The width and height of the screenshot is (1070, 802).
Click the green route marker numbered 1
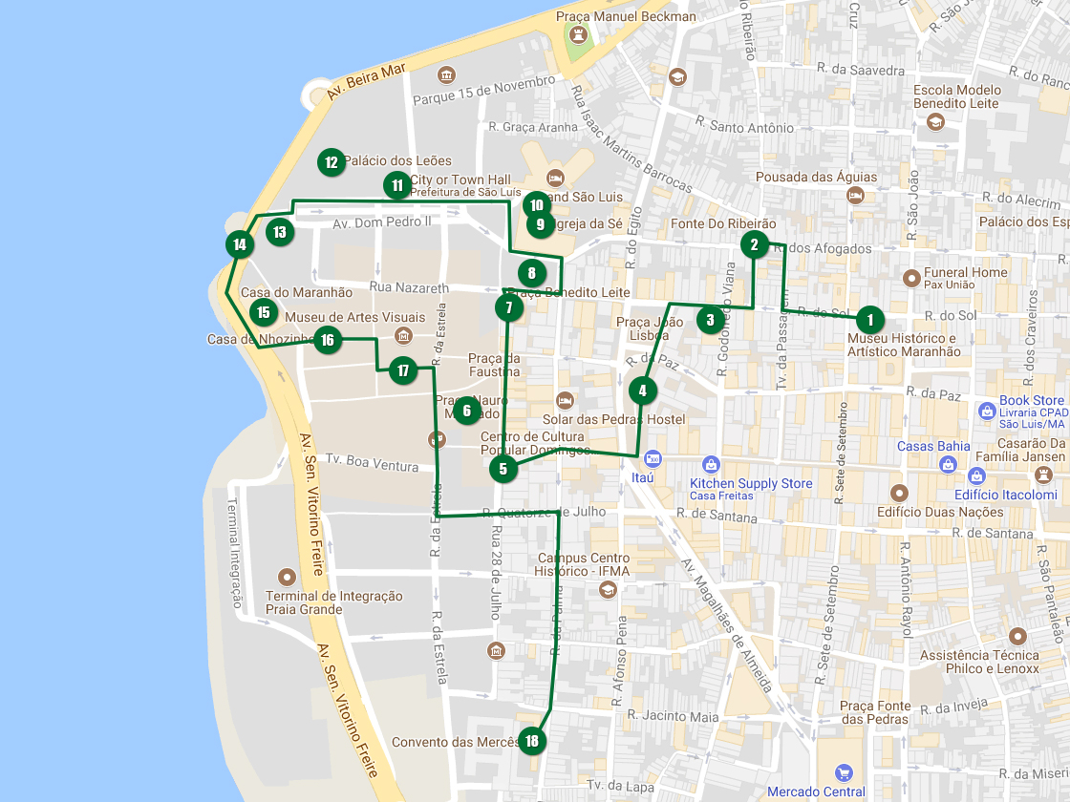(x=869, y=319)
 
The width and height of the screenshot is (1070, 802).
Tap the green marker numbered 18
(x=531, y=741)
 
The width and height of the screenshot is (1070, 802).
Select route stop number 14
(x=240, y=244)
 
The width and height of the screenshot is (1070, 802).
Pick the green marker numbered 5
(x=503, y=469)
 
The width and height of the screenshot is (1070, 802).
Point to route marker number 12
(x=331, y=162)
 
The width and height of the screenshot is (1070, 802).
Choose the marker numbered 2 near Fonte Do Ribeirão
(x=754, y=244)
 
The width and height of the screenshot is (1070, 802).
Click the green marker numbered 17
(x=403, y=370)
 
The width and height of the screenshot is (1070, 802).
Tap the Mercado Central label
(x=817, y=791)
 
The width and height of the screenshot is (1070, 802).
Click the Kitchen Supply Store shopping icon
(x=710, y=465)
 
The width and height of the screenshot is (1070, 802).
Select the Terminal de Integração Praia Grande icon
(x=286, y=578)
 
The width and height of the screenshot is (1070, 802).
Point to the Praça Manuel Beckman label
(x=627, y=16)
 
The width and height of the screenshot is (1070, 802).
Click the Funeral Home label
(x=965, y=272)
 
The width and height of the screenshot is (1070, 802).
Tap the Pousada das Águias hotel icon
(x=855, y=196)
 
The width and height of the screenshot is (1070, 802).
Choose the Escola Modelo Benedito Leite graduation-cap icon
(x=934, y=121)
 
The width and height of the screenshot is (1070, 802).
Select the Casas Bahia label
(x=933, y=446)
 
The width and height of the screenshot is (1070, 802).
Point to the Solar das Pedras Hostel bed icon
(x=565, y=399)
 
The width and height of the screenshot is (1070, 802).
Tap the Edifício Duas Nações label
(x=927, y=512)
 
